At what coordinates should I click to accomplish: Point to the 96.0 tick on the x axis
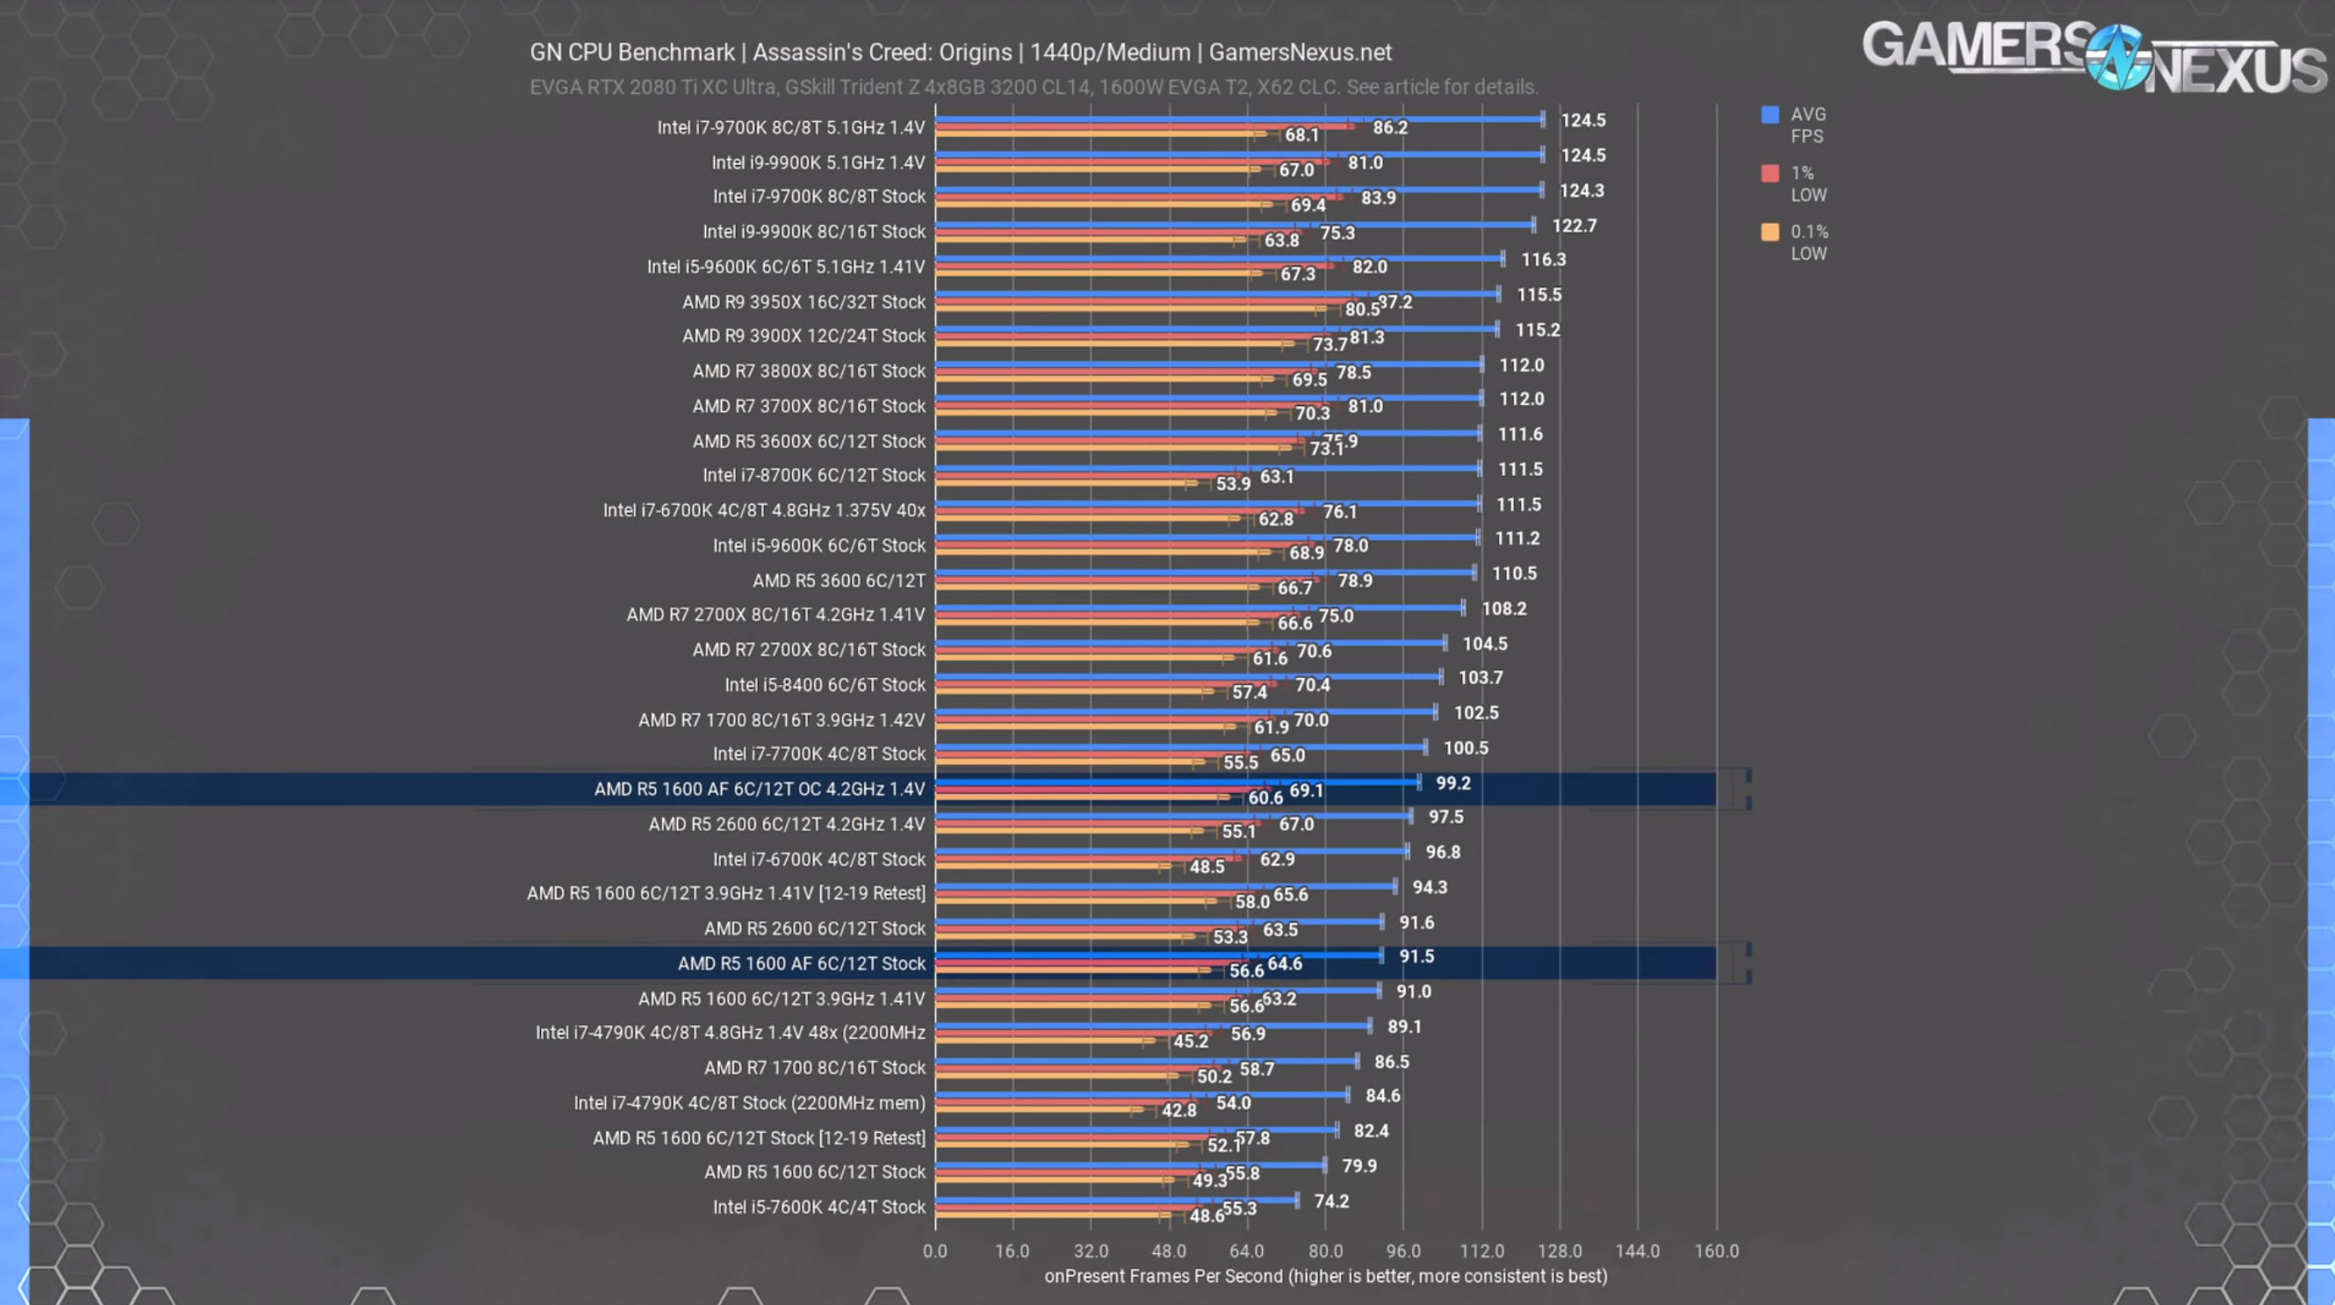(1402, 1251)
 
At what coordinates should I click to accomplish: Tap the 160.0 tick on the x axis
(1716, 1251)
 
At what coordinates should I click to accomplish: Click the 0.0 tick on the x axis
(934, 1251)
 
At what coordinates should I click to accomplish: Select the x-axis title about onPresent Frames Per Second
(1325, 1276)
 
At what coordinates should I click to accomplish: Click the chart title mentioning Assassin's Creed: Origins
(960, 53)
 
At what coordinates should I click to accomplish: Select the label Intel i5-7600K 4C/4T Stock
(818, 1208)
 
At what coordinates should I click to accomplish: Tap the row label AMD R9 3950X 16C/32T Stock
(804, 302)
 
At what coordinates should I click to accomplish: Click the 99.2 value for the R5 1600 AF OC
(1453, 783)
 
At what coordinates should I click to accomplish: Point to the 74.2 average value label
(1330, 1200)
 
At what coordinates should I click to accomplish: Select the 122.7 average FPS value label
(1574, 226)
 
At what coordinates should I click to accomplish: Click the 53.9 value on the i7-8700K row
(1233, 483)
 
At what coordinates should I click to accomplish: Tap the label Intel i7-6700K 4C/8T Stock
(818, 859)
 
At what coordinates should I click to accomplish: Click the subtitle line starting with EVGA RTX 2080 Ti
(1034, 87)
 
